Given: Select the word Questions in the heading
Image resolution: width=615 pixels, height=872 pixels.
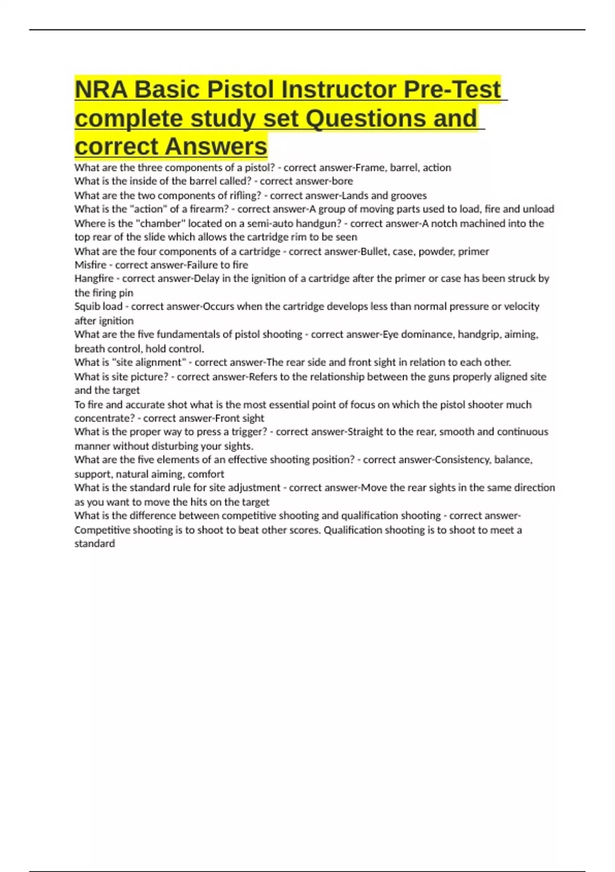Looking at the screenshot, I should coord(365,118).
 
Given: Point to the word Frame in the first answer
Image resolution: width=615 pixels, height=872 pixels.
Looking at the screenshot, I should coord(370,168).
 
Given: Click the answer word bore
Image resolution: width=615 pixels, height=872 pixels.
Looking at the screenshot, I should coord(342,181).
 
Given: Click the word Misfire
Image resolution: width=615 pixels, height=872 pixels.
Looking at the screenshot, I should coord(90,265).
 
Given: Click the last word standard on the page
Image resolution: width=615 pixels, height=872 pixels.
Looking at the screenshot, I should coord(94,544).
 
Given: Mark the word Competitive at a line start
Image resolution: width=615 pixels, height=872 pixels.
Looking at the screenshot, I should coord(102,530).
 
